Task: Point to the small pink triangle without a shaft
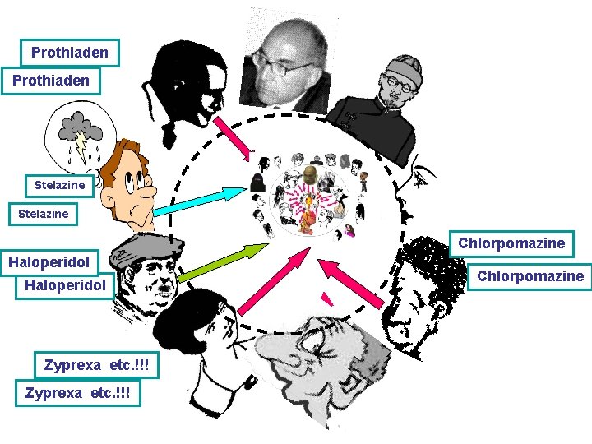(x=328, y=298)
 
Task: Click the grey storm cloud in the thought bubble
(x=79, y=124)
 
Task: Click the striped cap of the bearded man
(x=404, y=69)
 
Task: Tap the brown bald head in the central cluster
(x=309, y=174)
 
